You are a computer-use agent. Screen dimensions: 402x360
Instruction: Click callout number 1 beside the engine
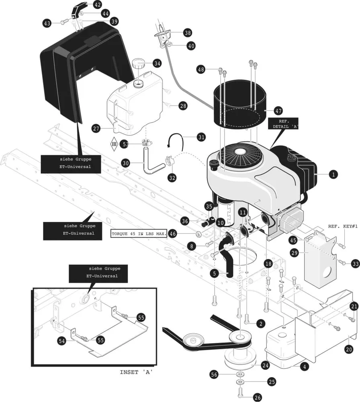click(x=332, y=174)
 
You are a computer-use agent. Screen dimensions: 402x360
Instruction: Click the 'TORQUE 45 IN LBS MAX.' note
click(x=139, y=234)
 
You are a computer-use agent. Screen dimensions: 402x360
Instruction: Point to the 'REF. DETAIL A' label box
click(x=284, y=123)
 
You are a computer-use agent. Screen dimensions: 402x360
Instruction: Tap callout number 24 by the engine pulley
click(x=265, y=365)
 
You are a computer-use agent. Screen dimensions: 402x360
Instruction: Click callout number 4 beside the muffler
click(x=305, y=367)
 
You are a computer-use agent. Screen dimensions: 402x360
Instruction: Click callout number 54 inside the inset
click(x=62, y=341)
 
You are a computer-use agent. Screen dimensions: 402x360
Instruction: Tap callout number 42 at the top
click(x=97, y=5)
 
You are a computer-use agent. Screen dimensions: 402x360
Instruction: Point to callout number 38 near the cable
click(x=187, y=33)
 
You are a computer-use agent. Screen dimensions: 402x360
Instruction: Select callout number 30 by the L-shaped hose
click(x=126, y=163)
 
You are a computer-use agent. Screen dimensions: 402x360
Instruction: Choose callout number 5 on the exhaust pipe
click(x=215, y=273)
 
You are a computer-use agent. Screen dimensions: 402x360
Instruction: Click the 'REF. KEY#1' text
click(x=343, y=226)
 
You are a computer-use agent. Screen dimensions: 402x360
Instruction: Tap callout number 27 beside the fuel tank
click(x=96, y=129)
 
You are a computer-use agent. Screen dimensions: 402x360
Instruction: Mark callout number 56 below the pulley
click(x=215, y=374)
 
